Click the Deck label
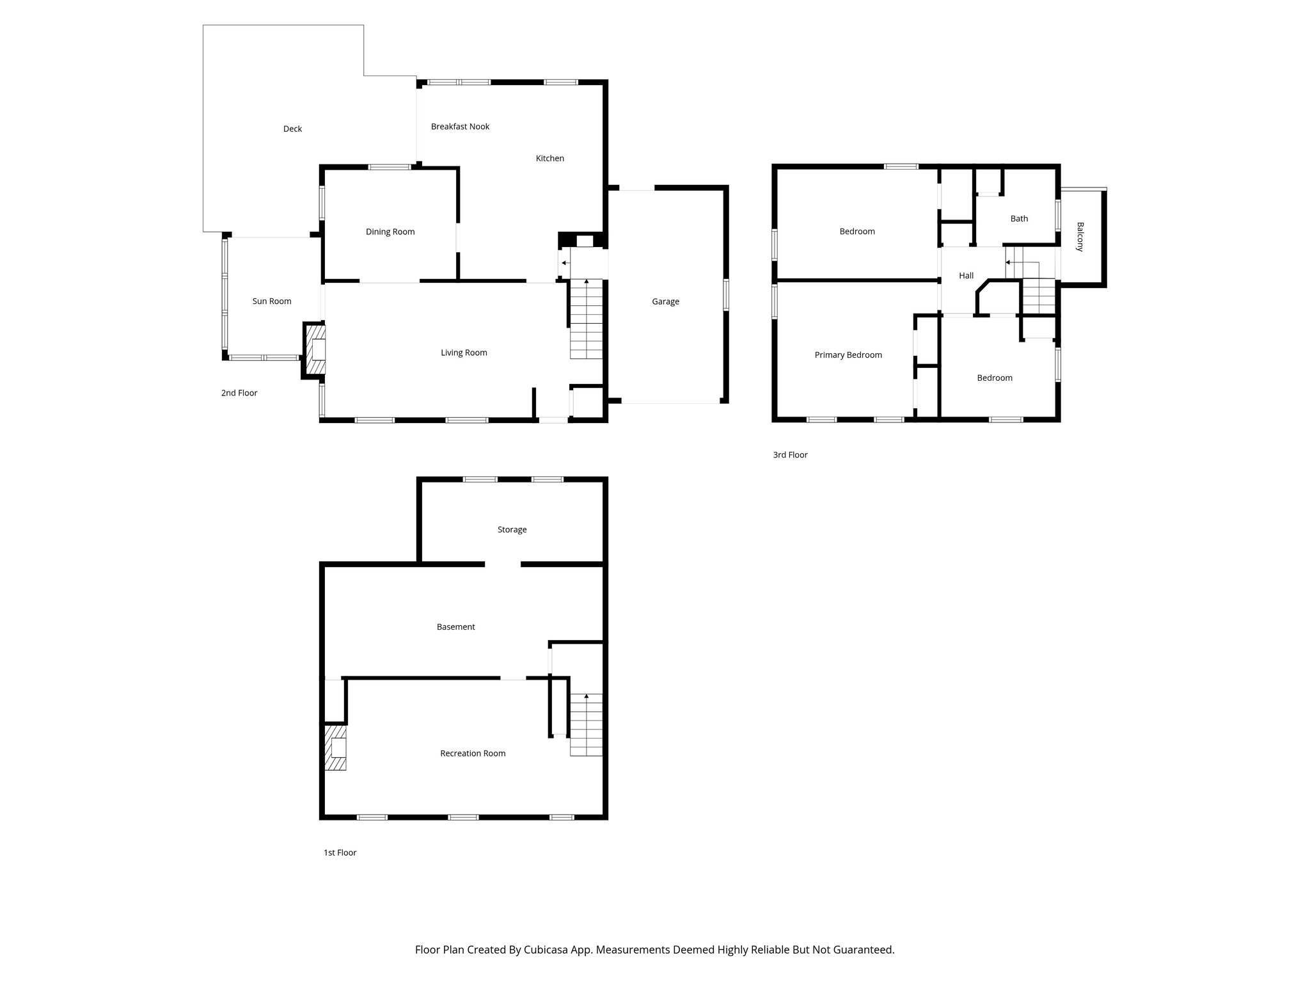tap(292, 129)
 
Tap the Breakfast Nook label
tap(460, 127)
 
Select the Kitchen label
tap(549, 158)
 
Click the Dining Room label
tap(390, 232)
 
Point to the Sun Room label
tap(272, 301)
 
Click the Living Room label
tap(464, 353)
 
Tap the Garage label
tap(665, 301)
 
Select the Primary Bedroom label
tap(848, 355)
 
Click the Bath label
tap(1019, 218)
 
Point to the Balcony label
tap(1080, 237)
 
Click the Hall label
tap(966, 275)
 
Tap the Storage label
tap(512, 529)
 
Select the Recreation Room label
tap(473, 753)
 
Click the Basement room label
tap(455, 627)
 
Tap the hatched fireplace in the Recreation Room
tap(335, 747)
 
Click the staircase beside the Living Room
tap(587, 320)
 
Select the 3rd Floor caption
tap(790, 455)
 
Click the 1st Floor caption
tap(340, 852)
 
